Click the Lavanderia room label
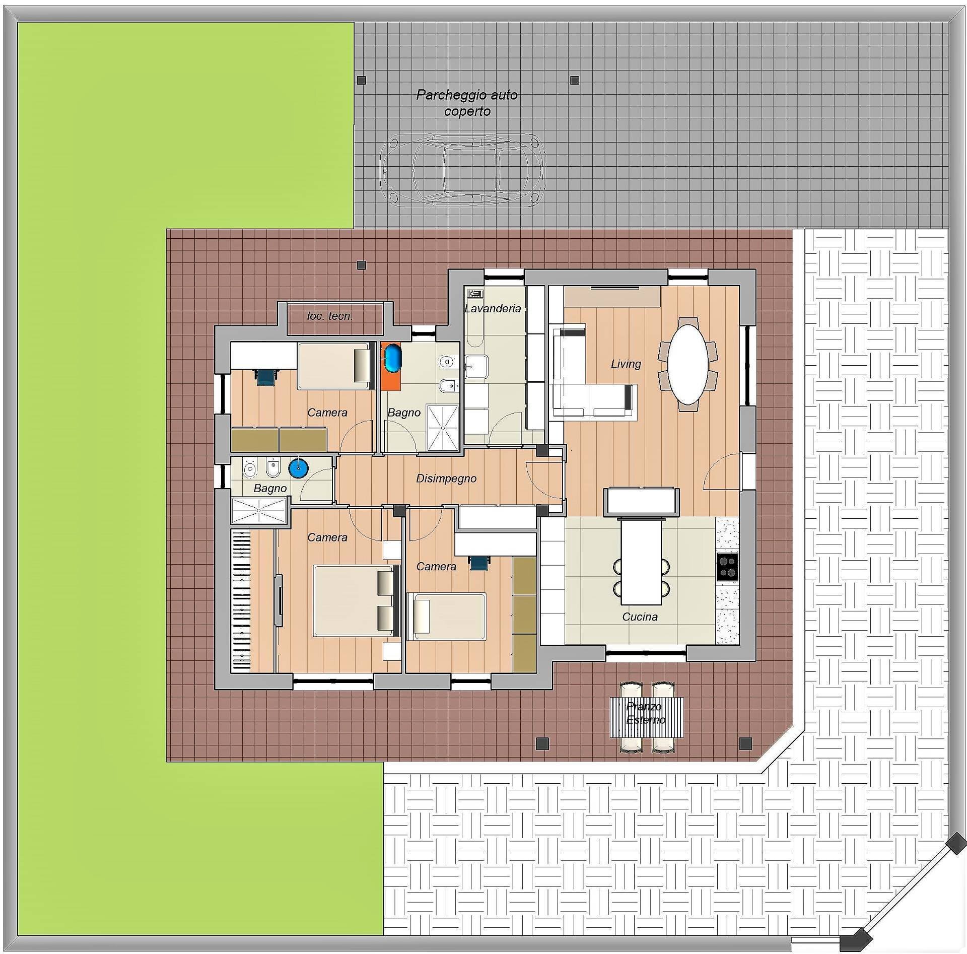point(492,308)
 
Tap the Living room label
point(626,364)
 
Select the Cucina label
point(640,617)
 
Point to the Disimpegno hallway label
point(446,478)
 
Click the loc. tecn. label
point(330,316)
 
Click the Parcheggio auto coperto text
point(467,103)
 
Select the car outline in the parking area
point(462,169)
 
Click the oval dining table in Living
point(687,364)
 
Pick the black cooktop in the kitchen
point(727,567)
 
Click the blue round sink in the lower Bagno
point(298,468)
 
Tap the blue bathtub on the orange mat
point(391,358)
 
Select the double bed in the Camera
point(356,600)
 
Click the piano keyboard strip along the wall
point(241,600)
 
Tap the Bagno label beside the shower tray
point(403,413)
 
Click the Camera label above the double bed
point(327,537)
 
